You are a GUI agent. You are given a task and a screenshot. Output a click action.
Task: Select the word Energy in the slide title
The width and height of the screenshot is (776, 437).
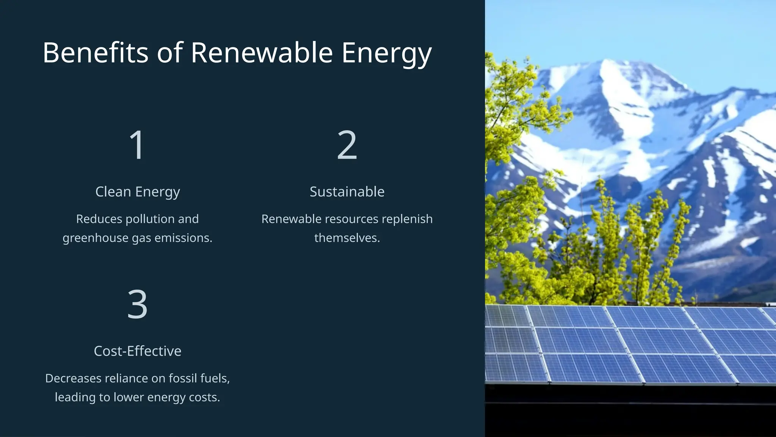coord(386,53)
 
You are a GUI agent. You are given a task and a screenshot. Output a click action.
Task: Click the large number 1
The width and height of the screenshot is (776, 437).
coord(137,145)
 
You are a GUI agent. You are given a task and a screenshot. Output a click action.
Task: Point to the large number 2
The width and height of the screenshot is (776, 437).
coord(347,145)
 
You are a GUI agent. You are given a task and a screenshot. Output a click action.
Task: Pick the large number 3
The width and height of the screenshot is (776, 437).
coord(137,304)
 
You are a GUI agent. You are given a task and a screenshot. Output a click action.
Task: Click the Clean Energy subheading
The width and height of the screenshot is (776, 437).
coord(138,192)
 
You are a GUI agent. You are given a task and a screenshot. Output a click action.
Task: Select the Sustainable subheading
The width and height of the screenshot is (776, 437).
coord(347,192)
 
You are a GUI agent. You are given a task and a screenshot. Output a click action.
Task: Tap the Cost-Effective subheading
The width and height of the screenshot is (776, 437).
coord(138,351)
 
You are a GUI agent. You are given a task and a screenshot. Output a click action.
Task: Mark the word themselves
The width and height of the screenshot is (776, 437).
coord(347,238)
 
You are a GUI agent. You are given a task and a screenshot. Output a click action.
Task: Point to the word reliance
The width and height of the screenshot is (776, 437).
coord(125,378)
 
